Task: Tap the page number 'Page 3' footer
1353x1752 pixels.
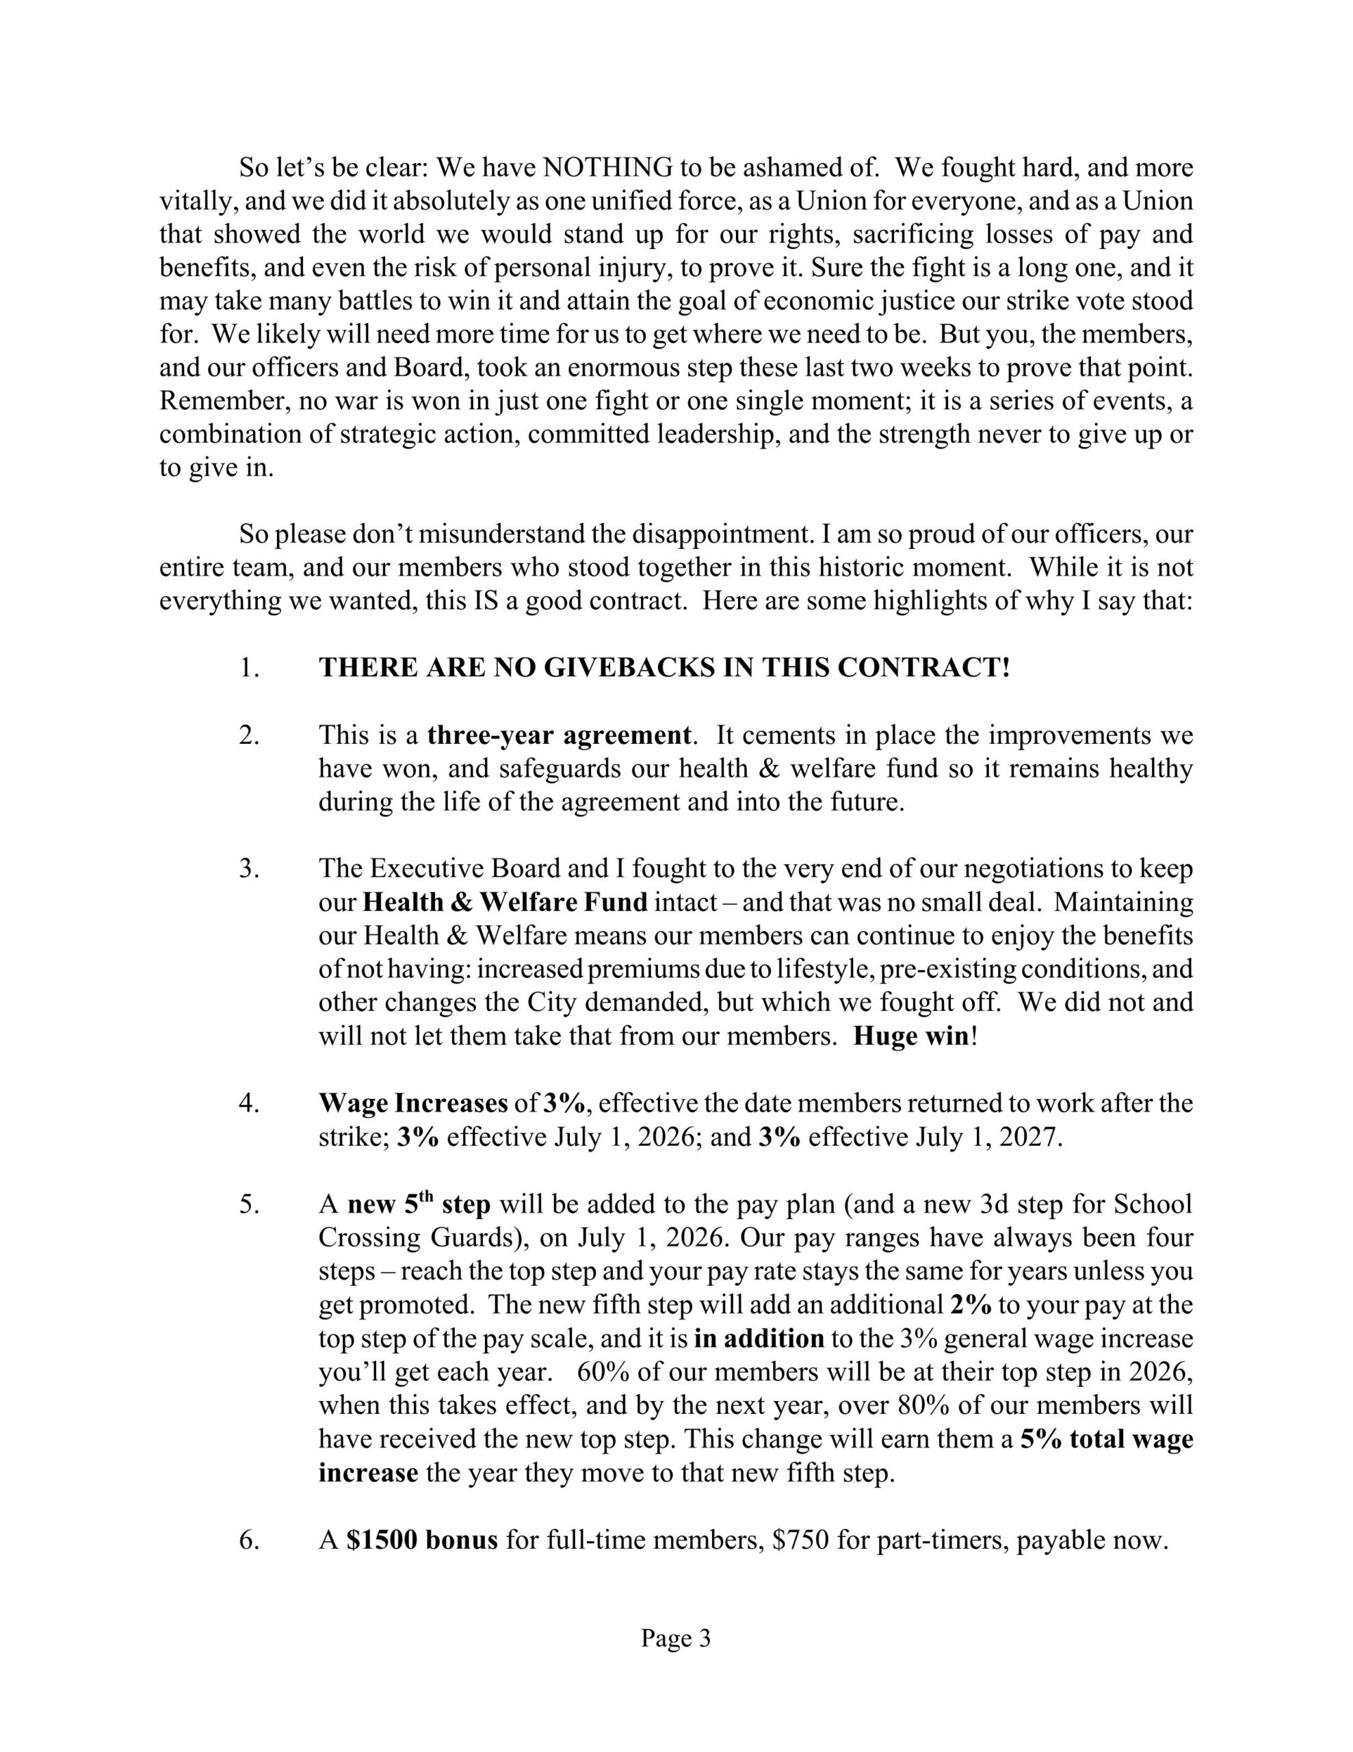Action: [x=675, y=1638]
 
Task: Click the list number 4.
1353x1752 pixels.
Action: [x=248, y=1104]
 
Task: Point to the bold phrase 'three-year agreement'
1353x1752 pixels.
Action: [x=559, y=735]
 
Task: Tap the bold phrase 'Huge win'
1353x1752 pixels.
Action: [x=911, y=1036]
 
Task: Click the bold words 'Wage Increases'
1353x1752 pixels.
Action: [x=413, y=1104]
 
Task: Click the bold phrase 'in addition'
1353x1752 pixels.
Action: [x=759, y=1339]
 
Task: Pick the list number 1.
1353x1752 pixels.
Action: [x=248, y=667]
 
